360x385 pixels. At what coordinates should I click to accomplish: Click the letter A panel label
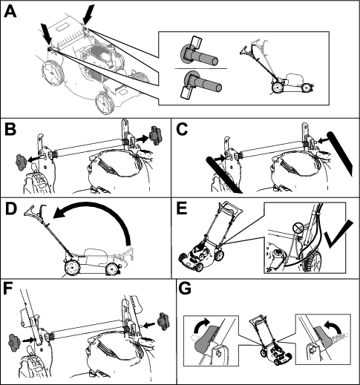click(x=10, y=12)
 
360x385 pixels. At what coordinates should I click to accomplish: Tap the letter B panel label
click(x=10, y=129)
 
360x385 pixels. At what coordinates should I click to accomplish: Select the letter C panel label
click(x=183, y=129)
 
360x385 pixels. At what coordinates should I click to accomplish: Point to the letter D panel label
click(x=11, y=209)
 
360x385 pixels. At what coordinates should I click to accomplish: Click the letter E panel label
click(x=182, y=209)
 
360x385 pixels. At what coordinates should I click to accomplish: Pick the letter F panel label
click(x=9, y=289)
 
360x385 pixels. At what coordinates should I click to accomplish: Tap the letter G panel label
click(x=185, y=289)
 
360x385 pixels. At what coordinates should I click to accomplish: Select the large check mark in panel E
click(x=339, y=234)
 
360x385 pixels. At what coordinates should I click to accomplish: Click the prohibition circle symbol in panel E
click(x=297, y=228)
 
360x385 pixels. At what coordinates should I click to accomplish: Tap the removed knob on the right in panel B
click(x=154, y=136)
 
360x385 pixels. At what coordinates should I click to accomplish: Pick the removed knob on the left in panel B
click(x=21, y=162)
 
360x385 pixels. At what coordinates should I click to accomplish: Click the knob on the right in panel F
click(x=163, y=321)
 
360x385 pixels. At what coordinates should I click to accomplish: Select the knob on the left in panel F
click(x=14, y=341)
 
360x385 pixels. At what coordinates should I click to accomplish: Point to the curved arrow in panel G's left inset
click(x=201, y=326)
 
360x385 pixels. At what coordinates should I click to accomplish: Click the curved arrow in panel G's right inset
click(x=335, y=326)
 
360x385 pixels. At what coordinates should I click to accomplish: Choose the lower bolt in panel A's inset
click(x=200, y=84)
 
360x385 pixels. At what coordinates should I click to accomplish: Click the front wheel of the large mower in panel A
click(x=105, y=103)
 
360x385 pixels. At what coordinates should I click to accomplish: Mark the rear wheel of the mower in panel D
click(x=72, y=269)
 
